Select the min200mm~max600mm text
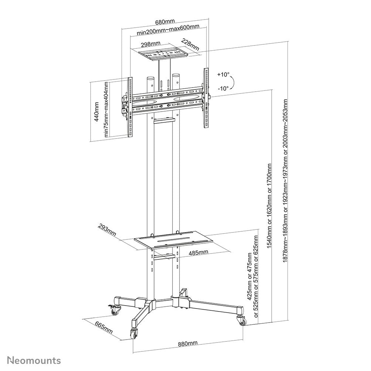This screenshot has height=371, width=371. click(168, 33)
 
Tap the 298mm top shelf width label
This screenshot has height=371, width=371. click(150, 44)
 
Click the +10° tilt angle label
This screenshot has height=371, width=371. click(223, 74)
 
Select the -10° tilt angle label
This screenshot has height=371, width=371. click(223, 88)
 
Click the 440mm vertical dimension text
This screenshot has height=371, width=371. click(97, 112)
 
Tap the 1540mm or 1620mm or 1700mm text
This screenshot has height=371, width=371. click(269, 211)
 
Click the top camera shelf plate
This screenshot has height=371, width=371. click(163, 54)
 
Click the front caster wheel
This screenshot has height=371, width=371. click(133, 333)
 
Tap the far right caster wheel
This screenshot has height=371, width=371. click(243, 321)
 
